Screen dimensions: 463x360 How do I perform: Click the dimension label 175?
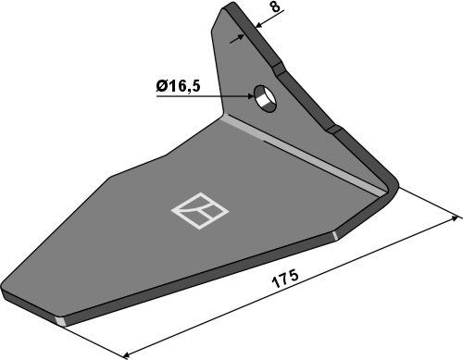click(285, 279)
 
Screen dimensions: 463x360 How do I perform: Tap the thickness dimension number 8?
click(277, 6)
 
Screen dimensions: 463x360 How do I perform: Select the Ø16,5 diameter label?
click(178, 86)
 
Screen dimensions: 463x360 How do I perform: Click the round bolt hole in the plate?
click(265, 98)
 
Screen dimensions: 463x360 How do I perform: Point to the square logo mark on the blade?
click(200, 211)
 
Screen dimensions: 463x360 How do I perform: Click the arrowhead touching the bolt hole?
click(249, 96)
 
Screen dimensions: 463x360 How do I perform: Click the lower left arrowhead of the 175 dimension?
click(128, 354)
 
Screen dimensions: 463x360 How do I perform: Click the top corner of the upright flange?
click(229, 5)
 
